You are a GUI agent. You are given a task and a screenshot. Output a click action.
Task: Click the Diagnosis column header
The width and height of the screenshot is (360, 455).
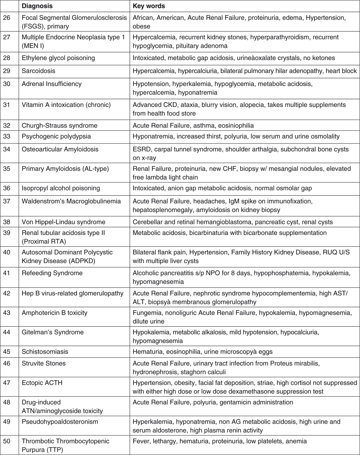(37, 6)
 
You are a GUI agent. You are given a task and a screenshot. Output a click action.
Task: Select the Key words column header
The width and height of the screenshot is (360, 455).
(149, 6)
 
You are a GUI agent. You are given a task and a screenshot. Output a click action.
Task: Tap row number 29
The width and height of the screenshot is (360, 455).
(6, 71)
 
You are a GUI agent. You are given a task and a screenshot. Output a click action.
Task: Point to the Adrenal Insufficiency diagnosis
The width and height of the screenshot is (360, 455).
(51, 84)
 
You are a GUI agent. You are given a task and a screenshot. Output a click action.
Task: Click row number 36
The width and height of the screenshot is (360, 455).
(6, 188)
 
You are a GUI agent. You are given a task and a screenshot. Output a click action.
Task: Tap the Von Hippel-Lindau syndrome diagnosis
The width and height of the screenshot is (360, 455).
(63, 222)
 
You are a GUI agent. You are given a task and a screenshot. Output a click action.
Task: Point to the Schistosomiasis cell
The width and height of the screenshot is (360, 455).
(45, 352)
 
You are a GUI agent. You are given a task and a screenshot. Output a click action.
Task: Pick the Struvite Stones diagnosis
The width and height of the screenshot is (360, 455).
(44, 364)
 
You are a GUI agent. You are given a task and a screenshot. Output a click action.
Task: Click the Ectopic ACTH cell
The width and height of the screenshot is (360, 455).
(42, 383)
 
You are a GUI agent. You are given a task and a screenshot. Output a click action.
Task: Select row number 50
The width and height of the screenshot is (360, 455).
(6, 441)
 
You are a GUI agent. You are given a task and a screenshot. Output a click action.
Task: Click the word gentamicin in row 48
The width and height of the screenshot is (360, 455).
(234, 402)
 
